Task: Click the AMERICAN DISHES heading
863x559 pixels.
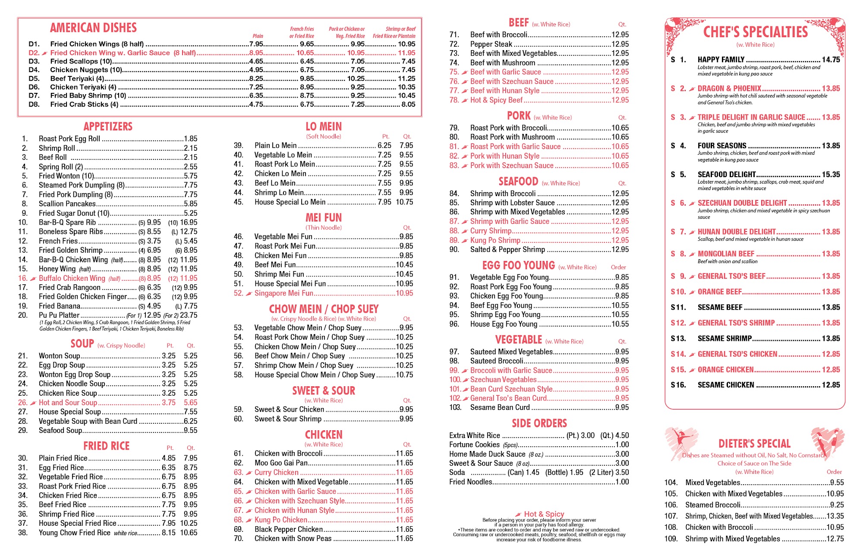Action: point(93,28)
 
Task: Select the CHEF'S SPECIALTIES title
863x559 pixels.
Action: point(755,32)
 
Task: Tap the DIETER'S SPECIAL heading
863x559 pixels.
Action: point(754,444)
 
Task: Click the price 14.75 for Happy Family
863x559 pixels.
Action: point(831,60)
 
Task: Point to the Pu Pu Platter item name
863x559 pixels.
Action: point(59,315)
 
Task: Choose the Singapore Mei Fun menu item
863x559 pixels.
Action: point(283,293)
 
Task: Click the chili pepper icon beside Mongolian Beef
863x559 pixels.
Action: point(692,254)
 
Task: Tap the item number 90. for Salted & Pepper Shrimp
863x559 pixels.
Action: point(454,250)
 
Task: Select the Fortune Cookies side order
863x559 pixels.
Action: point(474,445)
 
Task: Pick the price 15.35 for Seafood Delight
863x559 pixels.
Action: point(831,175)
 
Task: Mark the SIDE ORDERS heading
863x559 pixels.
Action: point(539,423)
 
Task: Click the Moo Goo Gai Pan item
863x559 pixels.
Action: point(281,463)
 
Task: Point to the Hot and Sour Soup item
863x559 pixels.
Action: point(68,403)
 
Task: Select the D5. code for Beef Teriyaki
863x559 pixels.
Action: point(34,79)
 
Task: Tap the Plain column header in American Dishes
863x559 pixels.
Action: point(258,36)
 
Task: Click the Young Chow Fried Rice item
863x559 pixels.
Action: point(74,533)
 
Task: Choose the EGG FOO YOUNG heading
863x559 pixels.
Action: point(518,266)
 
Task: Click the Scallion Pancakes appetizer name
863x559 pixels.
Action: point(67,204)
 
